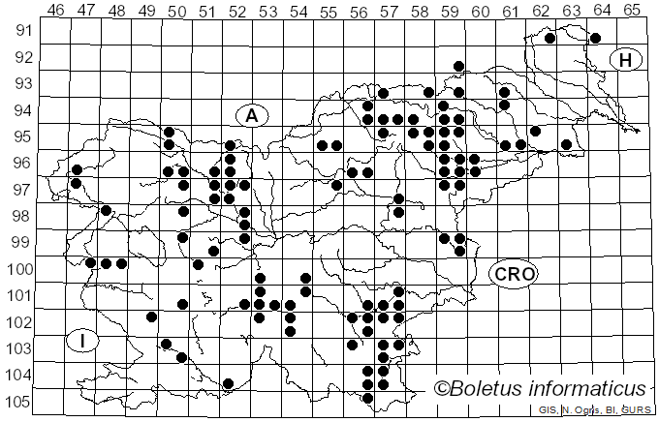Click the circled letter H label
pos(626,60)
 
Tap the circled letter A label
pos(251,116)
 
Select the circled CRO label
pos(513,275)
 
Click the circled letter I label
pos(84,341)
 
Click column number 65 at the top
pos(631,10)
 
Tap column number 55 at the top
pos(329,10)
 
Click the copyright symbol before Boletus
pos(441,389)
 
